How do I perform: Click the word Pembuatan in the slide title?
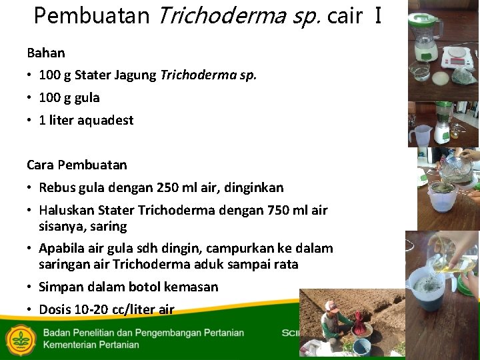(x=91, y=16)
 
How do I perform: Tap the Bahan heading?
(x=45, y=52)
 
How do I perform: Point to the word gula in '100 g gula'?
(x=87, y=97)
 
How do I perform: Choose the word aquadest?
(x=105, y=120)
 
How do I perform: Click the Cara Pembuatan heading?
(x=77, y=164)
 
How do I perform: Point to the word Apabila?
(x=61, y=248)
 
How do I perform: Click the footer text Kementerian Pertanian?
(x=91, y=345)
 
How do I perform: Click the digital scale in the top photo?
(x=459, y=57)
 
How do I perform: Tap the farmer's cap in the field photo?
(x=331, y=306)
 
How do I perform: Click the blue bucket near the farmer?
(x=361, y=346)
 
